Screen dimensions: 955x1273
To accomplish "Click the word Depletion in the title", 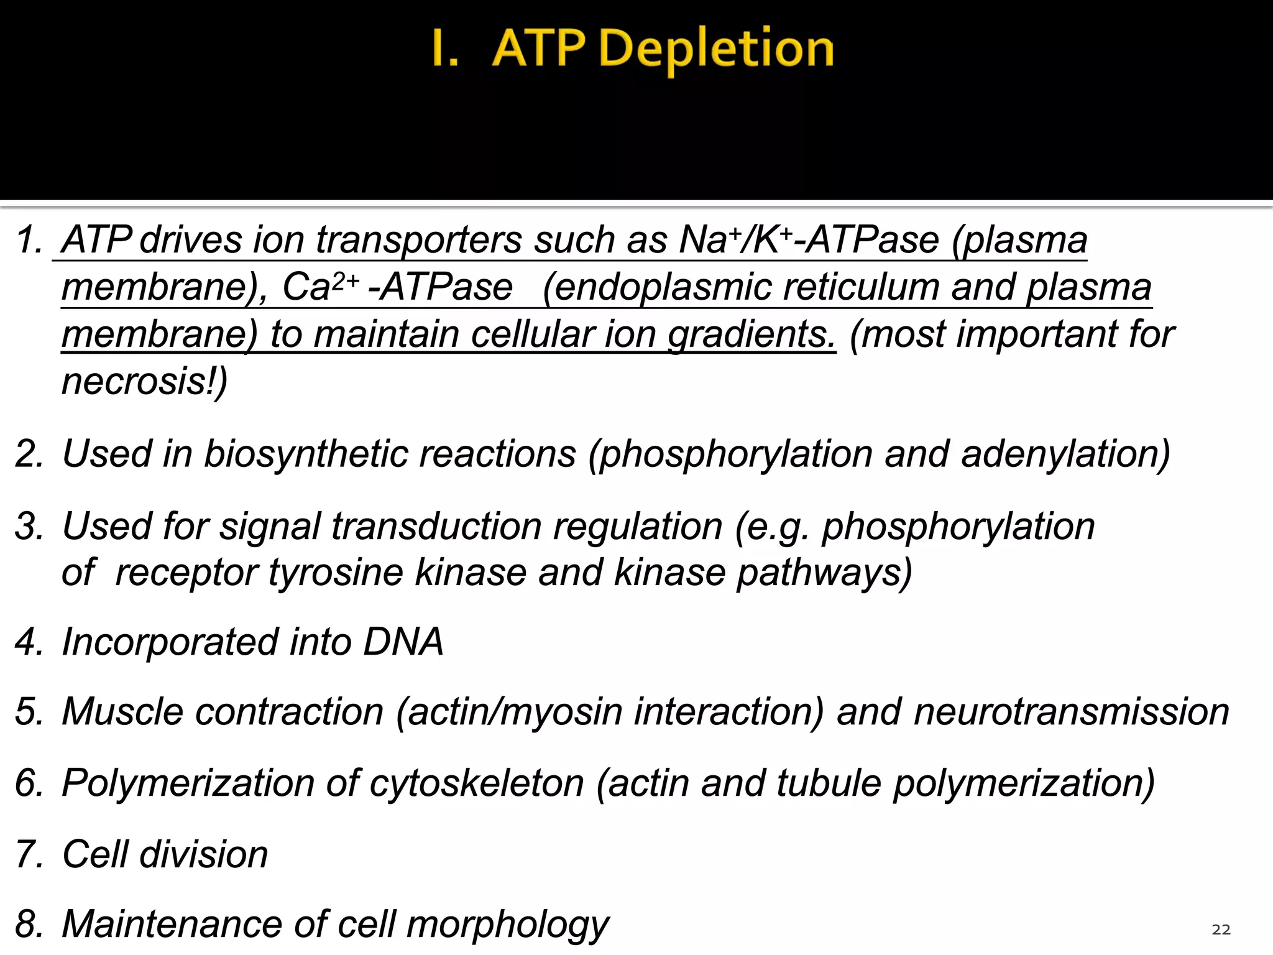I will point(716,50).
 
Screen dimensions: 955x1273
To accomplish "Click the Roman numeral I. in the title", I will point(445,50).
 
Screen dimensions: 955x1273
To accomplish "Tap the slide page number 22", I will point(1221,930).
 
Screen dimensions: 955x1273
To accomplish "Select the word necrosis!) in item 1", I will point(145,381).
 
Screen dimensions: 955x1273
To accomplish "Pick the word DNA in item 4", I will point(403,642).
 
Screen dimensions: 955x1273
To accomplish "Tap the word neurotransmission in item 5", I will point(1071,712).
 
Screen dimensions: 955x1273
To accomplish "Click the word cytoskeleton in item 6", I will point(476,783).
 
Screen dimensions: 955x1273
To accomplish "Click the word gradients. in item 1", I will point(751,334).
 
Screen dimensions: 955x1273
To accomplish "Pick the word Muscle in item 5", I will point(122,712).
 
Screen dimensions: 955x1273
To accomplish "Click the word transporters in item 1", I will point(418,240).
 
